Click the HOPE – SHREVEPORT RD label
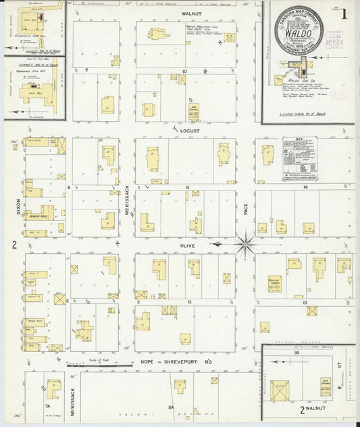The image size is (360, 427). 175,362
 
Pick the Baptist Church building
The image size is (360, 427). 274,284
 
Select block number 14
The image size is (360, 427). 305,186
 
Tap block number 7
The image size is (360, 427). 86,70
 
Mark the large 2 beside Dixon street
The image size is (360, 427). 14,244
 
